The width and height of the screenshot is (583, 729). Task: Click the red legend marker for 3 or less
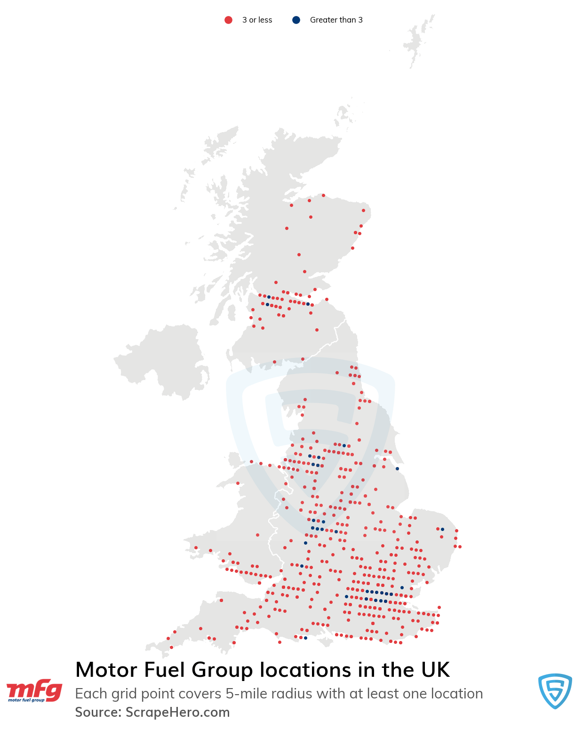(228, 20)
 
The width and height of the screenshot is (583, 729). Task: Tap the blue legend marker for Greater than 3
(296, 20)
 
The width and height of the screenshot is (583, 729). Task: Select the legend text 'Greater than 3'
(336, 20)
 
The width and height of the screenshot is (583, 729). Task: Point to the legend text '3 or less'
(257, 20)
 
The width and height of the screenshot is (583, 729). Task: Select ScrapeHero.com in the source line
(177, 712)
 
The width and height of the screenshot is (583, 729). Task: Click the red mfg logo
(34, 690)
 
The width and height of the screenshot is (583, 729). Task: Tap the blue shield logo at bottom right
(555, 690)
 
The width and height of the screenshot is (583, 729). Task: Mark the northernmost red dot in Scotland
(323, 195)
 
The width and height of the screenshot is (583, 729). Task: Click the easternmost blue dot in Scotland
(308, 304)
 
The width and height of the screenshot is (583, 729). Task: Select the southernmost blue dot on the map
(305, 638)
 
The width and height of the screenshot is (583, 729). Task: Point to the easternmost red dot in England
(460, 547)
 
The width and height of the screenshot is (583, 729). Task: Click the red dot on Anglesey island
(238, 483)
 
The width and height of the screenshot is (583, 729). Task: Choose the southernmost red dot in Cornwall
(171, 647)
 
